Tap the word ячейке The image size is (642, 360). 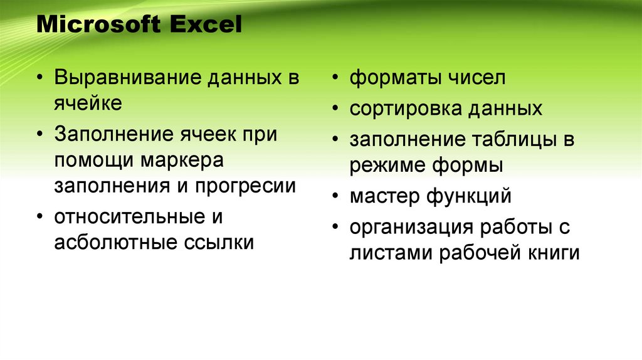(88, 103)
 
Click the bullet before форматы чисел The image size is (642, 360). (337, 80)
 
